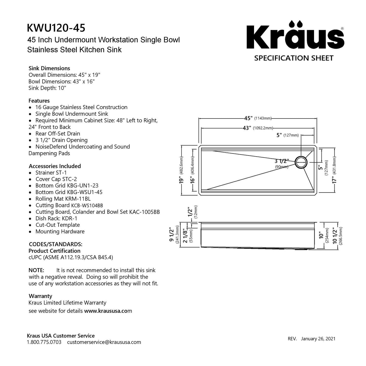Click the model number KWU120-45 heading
coord(56,28)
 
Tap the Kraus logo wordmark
coord(295,35)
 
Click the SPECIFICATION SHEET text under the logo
coord(294,58)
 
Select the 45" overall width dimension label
coord(258,118)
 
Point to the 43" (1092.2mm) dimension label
coord(258,128)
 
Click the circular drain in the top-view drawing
coord(301,162)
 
